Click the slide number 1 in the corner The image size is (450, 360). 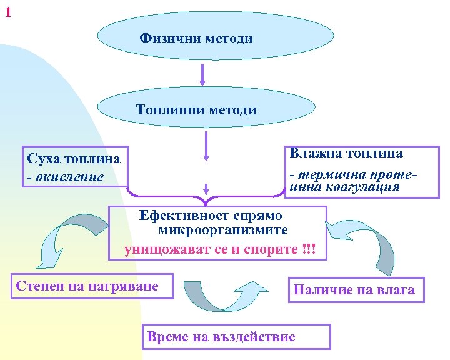[x=7, y=11]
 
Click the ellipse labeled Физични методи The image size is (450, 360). [x=196, y=39]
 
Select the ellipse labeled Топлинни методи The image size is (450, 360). [x=196, y=110]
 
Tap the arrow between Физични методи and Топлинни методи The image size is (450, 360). [x=202, y=74]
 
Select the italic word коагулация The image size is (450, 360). [x=366, y=187]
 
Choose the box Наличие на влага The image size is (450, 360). [x=354, y=289]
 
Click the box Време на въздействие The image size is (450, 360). [x=237, y=337]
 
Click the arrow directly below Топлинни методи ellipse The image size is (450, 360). [x=206, y=149]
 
